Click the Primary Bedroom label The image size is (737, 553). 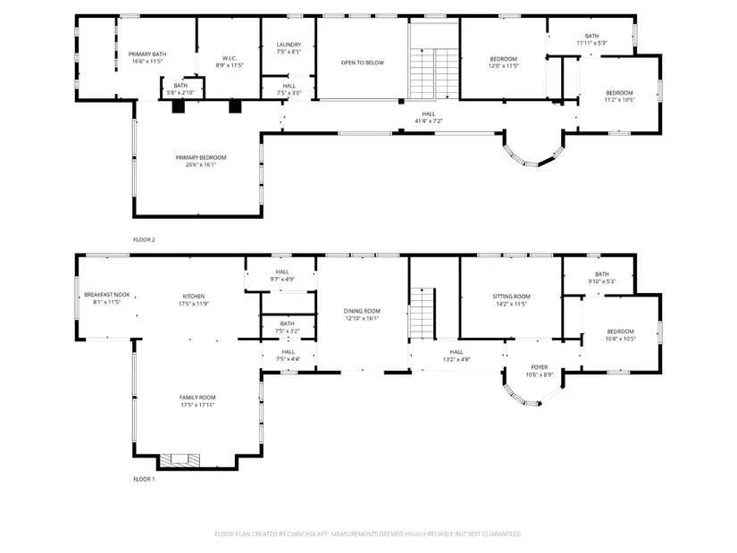click(201, 157)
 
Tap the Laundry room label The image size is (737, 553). click(289, 45)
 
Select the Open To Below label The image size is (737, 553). click(363, 63)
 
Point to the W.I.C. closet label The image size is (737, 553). click(230, 58)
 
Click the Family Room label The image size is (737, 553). click(197, 398)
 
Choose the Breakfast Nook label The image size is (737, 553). click(106, 295)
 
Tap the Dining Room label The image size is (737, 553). click(362, 311)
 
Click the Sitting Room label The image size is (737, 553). click(511, 297)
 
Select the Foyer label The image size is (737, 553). click(539, 367)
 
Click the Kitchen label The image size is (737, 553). click(194, 297)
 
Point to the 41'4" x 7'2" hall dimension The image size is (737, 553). click(428, 121)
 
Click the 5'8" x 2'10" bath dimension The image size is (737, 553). click(180, 93)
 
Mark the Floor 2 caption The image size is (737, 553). click(144, 239)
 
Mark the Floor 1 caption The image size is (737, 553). click(144, 479)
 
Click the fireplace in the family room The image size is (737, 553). click(180, 460)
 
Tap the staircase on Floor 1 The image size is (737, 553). click(423, 314)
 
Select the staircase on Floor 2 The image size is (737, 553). click(434, 73)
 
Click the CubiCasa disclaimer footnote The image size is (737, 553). click(368, 533)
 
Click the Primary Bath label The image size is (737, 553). click(147, 54)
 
